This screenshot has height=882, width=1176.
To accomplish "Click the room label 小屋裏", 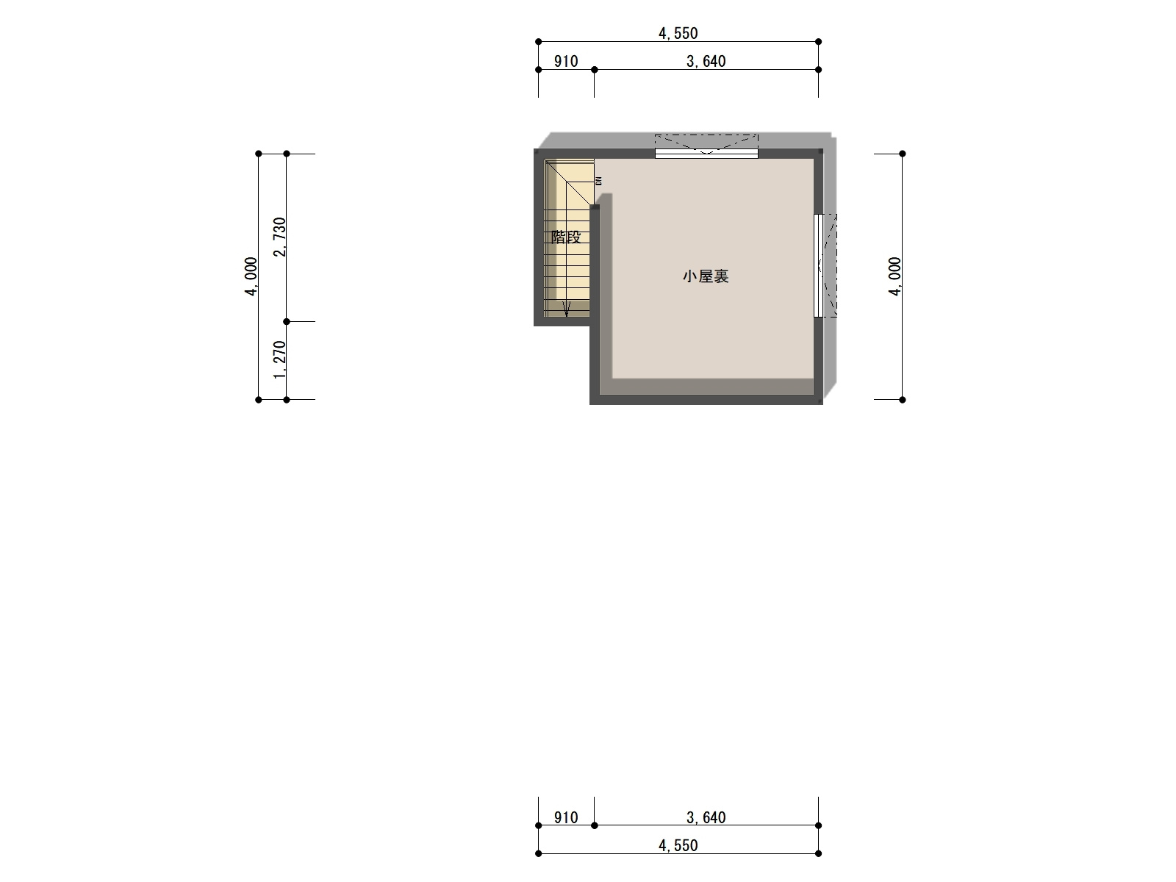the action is (x=705, y=276).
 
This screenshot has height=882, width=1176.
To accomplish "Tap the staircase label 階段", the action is (x=566, y=237).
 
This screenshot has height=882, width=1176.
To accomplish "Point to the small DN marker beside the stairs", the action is (x=599, y=181).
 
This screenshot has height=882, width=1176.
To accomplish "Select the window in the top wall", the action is (x=706, y=154).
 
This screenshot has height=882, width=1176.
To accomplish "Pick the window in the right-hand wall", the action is (x=818, y=265).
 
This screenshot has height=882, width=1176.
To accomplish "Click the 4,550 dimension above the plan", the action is (x=678, y=34).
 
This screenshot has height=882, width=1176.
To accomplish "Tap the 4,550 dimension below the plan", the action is (x=678, y=845).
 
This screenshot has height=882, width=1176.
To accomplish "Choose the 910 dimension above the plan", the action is (x=566, y=62).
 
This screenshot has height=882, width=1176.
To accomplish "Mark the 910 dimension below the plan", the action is (x=566, y=818).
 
